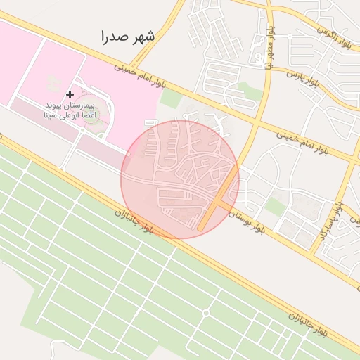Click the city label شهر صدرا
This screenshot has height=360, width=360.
pos(127,36)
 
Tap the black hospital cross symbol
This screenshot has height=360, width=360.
pos(69,94)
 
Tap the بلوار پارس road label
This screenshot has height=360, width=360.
pos(303,79)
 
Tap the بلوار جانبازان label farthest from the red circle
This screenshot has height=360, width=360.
pos(307,323)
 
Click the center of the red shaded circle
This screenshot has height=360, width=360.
pos(180,179)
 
